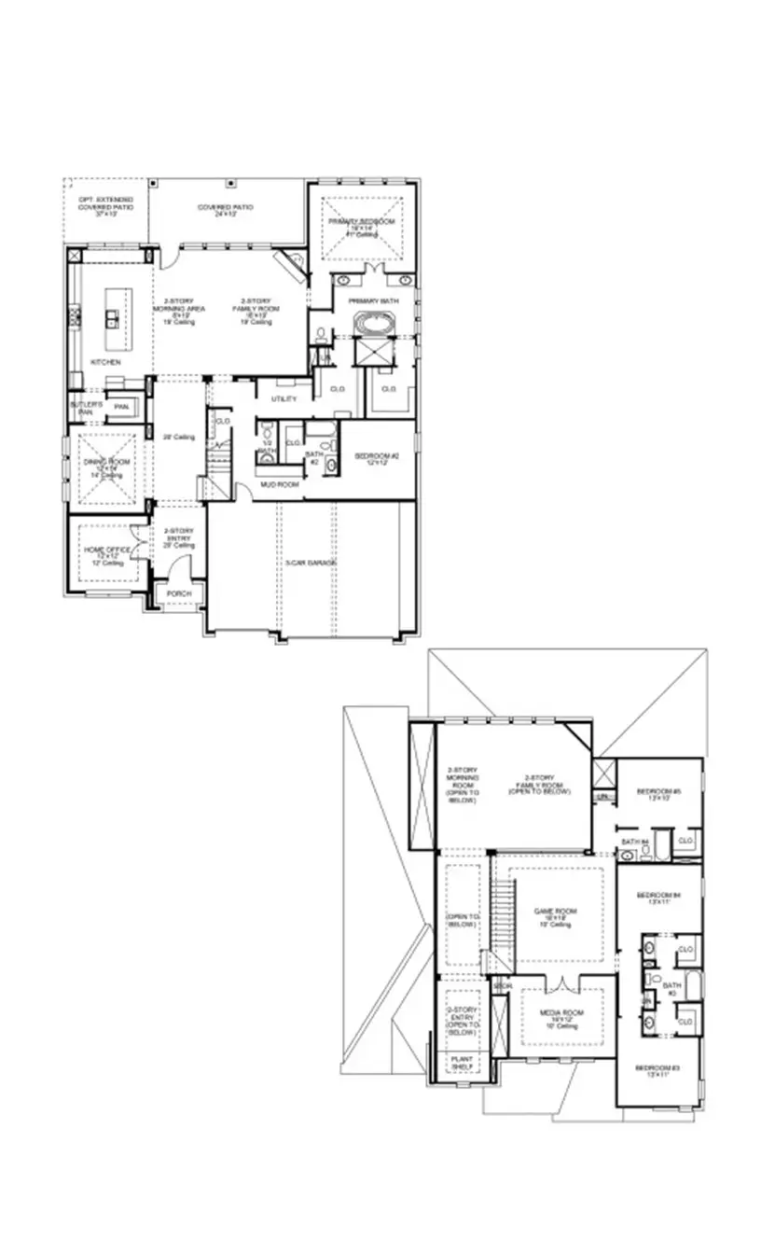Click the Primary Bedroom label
point(360,222)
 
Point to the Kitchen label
point(105,361)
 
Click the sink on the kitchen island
point(111,319)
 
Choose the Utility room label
point(284,398)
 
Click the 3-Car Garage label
point(310,563)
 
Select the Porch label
point(178,594)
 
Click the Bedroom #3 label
point(657,1068)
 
